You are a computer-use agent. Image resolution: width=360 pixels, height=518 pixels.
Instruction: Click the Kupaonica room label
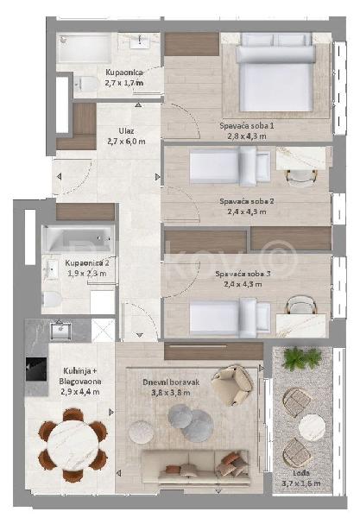tap(124, 73)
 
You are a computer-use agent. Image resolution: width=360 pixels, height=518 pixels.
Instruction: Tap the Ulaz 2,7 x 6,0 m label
tap(126, 136)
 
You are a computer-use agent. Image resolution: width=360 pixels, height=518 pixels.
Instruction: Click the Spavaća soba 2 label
tap(247, 201)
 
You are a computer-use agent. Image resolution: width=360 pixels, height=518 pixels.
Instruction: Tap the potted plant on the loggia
tap(301, 358)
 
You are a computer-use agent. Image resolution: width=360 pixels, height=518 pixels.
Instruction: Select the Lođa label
tap(300, 473)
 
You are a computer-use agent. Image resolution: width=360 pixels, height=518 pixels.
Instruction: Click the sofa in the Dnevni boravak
tap(195, 467)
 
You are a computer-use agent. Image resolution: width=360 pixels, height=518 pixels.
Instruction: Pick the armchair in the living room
tap(232, 385)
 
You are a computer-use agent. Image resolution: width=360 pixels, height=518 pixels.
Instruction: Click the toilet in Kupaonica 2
tap(52, 299)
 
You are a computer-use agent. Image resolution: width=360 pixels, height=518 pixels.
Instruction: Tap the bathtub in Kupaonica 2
tap(79, 237)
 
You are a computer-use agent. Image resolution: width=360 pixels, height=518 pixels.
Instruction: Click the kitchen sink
tap(60, 331)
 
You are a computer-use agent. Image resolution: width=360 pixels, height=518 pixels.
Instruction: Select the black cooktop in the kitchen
tap(36, 369)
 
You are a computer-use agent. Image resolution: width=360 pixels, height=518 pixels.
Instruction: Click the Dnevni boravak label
tap(171, 382)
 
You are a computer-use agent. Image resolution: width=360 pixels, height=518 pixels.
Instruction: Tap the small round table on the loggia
tap(312, 427)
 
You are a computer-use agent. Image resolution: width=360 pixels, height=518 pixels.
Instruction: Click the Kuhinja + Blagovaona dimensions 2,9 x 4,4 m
tap(80, 392)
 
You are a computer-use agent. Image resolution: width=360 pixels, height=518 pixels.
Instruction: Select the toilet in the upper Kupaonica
tap(85, 85)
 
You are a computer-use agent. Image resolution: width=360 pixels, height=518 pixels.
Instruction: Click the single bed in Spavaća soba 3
tap(230, 318)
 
